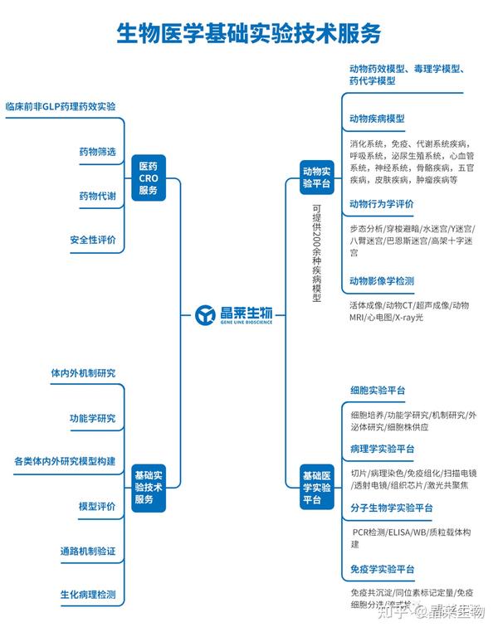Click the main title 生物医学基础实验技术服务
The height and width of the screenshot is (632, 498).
coord(248,33)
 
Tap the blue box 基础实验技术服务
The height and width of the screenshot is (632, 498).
coord(149,488)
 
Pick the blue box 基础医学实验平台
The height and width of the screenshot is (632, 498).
coord(316,488)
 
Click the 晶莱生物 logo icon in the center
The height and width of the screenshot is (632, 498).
coord(206,315)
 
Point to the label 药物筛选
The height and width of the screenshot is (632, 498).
coord(97,152)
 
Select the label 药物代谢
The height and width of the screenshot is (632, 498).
coord(97,196)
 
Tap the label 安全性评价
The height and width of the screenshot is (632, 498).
coord(93,240)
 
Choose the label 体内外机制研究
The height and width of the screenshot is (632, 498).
coord(83,373)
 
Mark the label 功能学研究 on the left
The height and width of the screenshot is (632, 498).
coord(92,417)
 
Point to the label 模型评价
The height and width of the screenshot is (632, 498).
coord(97,506)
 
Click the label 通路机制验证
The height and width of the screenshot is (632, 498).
coord(88,551)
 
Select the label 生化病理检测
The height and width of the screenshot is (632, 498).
coord(88,595)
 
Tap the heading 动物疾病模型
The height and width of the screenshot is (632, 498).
coord(377,119)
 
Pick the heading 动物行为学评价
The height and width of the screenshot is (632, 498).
coord(382,203)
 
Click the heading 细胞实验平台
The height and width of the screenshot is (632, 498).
coord(378,390)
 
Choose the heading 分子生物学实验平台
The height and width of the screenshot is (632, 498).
coord(392,508)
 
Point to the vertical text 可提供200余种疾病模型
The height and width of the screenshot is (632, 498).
coord(316,253)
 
